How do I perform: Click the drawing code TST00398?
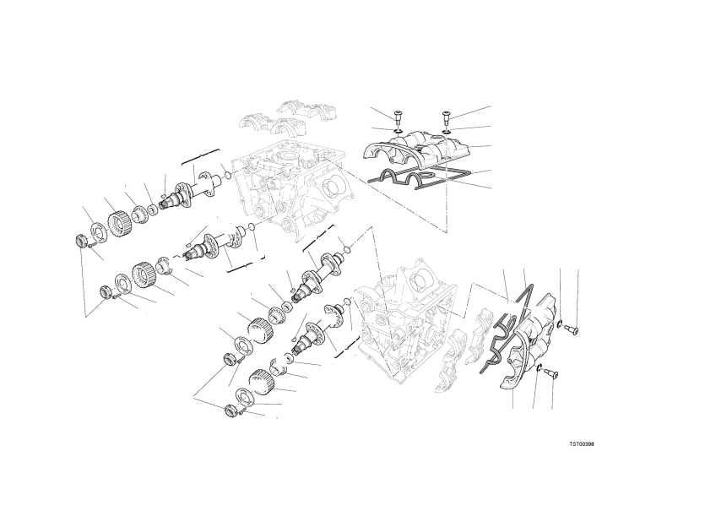click(582, 443)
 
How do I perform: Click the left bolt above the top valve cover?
click(397, 116)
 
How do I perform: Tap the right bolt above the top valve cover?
click(447, 118)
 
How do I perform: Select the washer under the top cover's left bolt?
click(398, 131)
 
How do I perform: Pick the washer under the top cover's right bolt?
click(447, 132)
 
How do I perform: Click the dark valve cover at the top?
click(416, 149)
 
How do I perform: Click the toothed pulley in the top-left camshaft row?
click(118, 222)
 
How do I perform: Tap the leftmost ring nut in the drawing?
click(81, 241)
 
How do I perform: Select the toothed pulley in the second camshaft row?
click(144, 275)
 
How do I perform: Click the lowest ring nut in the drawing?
click(230, 410)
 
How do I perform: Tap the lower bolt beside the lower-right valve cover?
click(550, 373)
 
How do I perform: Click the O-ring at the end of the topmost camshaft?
click(227, 175)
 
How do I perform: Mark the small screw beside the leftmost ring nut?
click(90, 246)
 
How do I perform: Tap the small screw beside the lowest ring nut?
click(241, 412)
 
